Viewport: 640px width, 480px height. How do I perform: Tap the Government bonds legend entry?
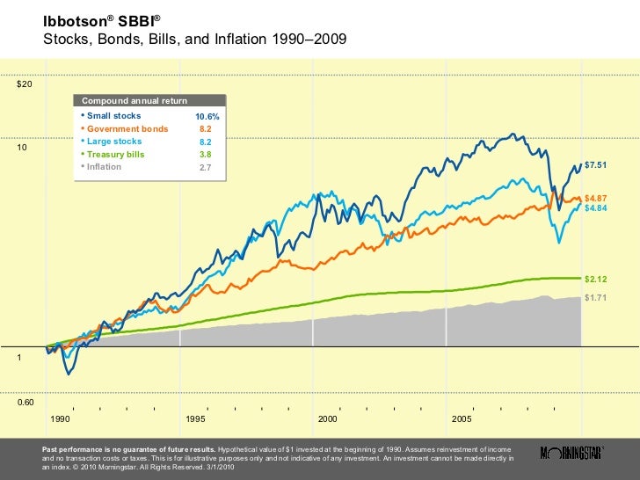click(127, 128)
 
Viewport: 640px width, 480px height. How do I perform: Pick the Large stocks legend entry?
click(113, 141)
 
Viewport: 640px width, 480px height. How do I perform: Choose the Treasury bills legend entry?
click(116, 154)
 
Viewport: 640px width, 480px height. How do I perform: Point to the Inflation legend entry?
click(105, 166)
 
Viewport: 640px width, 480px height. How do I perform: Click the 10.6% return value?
click(207, 117)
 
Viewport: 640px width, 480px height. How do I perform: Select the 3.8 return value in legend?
click(206, 154)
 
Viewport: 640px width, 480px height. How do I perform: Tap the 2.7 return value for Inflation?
click(206, 167)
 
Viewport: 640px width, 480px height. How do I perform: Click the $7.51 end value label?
click(596, 164)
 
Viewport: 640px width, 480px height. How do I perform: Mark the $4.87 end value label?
click(596, 199)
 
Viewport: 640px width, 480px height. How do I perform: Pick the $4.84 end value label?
click(596, 208)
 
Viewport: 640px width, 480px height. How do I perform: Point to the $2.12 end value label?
click(596, 279)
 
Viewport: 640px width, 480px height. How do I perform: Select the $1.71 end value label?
click(596, 298)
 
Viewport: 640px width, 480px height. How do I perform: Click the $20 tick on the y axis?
click(25, 84)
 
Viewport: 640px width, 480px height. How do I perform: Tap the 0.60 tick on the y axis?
click(26, 403)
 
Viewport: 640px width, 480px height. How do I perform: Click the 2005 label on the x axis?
click(461, 418)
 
